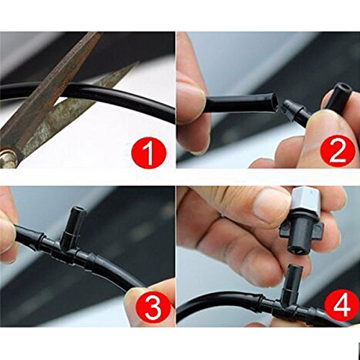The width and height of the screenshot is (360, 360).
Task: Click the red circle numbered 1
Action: click(149, 152)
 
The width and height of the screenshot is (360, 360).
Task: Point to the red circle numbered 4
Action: click(341, 306)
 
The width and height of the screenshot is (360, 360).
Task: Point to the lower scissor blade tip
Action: click(138, 62)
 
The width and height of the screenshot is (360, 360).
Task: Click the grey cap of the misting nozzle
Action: click(304, 198)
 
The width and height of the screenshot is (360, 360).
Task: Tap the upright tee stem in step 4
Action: click(294, 281)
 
